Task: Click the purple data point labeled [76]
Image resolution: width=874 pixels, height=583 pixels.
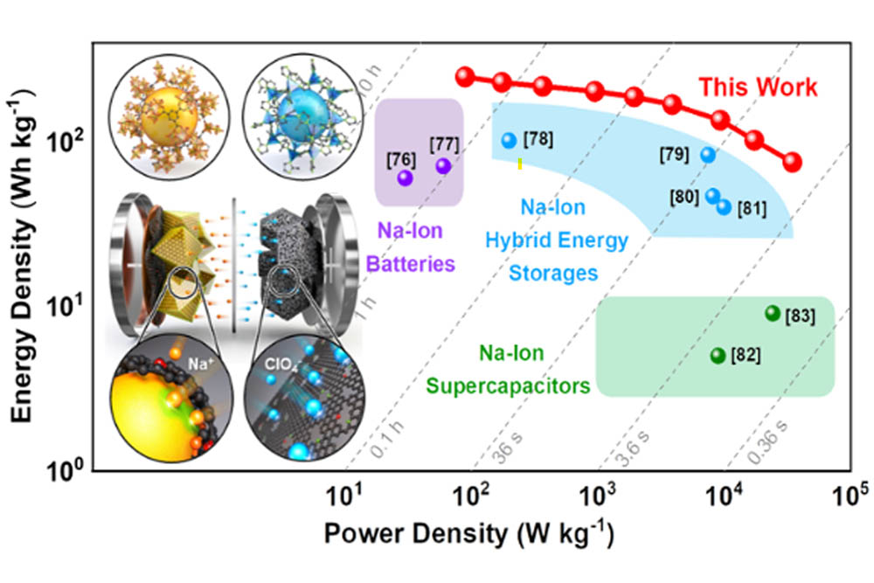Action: pos(405,177)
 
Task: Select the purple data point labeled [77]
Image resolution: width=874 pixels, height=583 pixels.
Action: pos(443,165)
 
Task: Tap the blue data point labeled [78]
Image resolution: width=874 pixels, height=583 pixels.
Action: pos(510,140)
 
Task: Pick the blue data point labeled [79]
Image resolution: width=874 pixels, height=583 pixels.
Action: pos(708,155)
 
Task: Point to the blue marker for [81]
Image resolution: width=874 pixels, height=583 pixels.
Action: pos(724,206)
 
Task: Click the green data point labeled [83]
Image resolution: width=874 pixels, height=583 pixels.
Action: pos(772,313)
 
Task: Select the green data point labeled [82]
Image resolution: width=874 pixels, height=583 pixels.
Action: pos(718,355)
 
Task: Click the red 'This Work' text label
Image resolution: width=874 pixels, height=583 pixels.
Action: pos(757,87)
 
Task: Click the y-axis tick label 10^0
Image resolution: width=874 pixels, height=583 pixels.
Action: pos(67,472)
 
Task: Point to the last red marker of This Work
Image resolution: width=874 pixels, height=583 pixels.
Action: pos(792,163)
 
